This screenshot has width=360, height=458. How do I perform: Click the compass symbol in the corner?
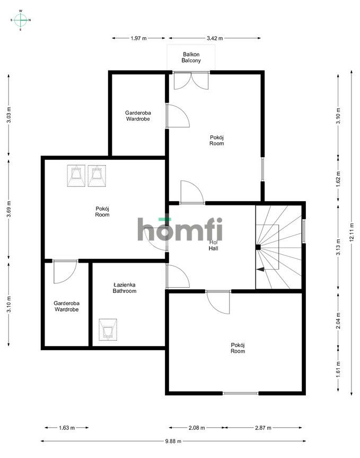[21, 20]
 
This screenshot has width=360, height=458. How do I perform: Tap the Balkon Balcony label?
[191, 57]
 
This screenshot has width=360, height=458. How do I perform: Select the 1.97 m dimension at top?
[139, 38]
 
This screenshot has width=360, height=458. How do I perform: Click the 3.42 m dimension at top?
[215, 38]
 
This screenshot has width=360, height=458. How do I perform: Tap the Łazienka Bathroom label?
[125, 288]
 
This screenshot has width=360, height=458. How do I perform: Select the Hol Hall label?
[213, 245]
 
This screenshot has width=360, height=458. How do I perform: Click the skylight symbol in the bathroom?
[109, 330]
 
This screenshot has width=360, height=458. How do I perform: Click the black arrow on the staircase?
[260, 270]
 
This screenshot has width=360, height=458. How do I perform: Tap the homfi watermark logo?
[180, 229]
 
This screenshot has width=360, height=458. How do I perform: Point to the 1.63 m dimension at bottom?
[66, 428]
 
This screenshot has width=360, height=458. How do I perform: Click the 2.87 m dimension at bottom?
[263, 428]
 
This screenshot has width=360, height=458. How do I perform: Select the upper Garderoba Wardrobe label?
[137, 116]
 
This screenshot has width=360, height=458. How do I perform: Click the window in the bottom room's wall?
[240, 393]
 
